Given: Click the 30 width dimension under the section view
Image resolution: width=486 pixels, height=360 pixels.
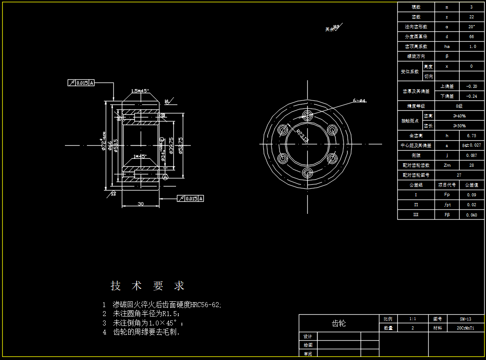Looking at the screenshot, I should [141, 204].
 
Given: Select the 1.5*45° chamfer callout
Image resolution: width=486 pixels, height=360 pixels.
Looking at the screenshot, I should [140, 91].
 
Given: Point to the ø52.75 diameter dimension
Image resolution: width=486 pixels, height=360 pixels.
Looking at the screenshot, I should [180, 145].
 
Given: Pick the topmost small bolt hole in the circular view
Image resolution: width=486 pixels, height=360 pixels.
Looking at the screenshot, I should [307, 115].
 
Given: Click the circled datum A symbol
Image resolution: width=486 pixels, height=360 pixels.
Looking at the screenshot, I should [165, 178].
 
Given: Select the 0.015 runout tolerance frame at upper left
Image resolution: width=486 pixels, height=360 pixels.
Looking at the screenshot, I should [81, 83].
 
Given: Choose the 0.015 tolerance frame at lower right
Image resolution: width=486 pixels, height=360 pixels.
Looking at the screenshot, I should [190, 199].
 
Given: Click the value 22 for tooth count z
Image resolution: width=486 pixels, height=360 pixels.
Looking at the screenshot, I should [471, 17].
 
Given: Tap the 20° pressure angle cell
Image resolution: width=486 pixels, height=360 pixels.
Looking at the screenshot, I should [471, 27].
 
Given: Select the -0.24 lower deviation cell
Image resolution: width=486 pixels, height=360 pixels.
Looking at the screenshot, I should [471, 96].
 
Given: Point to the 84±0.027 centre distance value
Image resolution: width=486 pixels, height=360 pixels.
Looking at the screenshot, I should [471, 145].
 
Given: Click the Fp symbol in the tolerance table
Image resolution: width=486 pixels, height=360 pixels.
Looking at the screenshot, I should [447, 195].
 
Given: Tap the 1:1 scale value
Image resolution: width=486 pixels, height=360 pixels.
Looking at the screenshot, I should [413, 319].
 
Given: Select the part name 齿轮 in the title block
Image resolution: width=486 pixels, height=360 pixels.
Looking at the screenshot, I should [338, 323].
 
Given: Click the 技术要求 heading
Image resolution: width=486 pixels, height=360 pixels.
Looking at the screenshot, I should [147, 286].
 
